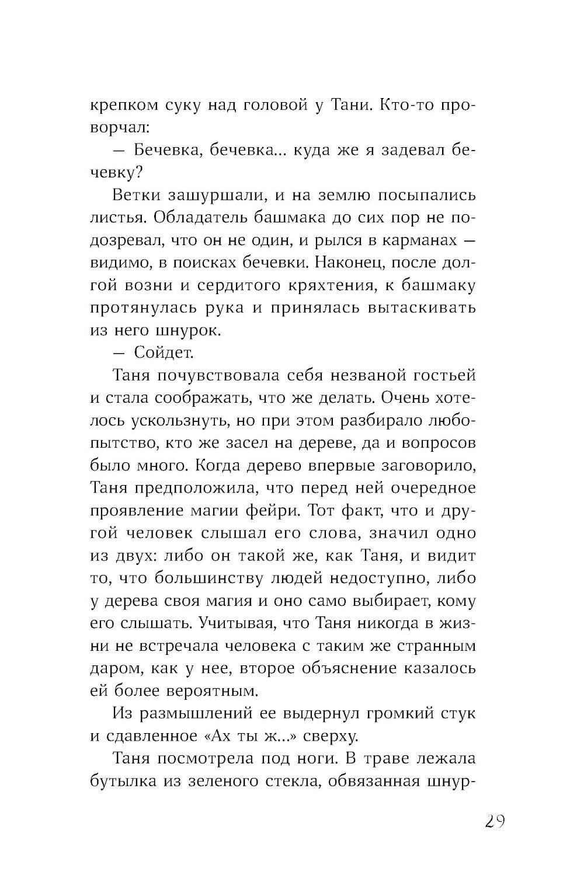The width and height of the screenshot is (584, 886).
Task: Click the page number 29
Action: pos(494,821)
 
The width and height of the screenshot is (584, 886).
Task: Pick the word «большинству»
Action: pos(216,579)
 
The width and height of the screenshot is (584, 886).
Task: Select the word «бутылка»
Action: pos(123,782)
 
